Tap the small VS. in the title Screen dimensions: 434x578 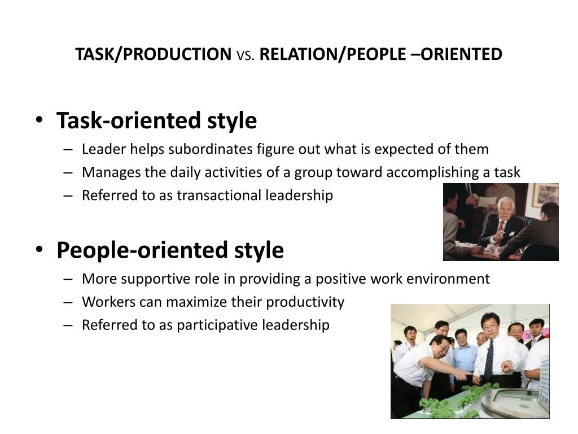[x=246, y=55]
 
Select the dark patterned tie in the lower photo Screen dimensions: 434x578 [x=488, y=360]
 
